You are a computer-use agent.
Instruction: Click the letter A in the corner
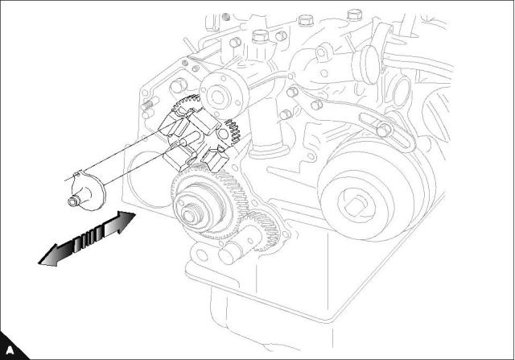[x=10, y=350]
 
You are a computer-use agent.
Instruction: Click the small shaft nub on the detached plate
[x=73, y=201]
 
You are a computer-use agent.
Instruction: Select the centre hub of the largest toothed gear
[x=190, y=215]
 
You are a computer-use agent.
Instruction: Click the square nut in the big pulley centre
[x=356, y=205]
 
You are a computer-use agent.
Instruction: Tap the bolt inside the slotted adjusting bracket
[x=384, y=129]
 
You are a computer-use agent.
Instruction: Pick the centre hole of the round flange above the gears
[x=217, y=96]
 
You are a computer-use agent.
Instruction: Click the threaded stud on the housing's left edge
[x=149, y=106]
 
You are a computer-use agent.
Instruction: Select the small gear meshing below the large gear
[x=263, y=231]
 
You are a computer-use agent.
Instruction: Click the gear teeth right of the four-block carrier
[x=233, y=132]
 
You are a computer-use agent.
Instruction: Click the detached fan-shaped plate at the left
[x=87, y=192]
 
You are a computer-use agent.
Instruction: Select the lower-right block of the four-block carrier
[x=215, y=159]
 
